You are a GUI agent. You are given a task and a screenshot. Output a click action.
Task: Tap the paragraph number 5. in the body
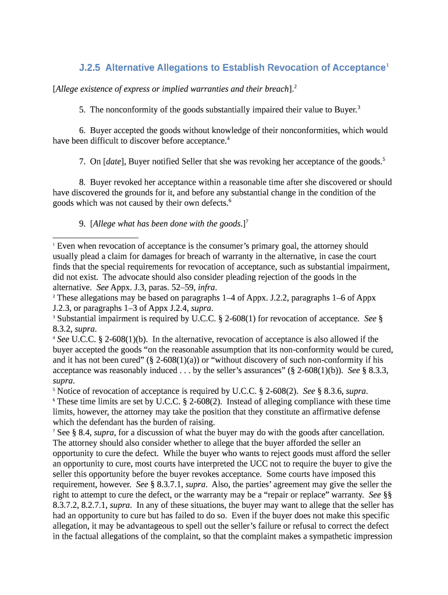click(x=83, y=109)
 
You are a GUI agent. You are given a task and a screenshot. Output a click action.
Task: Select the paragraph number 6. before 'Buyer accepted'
click(x=83, y=131)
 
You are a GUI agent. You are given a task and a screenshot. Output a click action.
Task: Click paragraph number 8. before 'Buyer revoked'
click(x=83, y=182)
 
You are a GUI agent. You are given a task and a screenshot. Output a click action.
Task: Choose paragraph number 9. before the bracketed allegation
click(x=83, y=224)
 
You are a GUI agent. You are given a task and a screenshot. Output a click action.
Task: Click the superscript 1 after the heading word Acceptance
click(x=387, y=65)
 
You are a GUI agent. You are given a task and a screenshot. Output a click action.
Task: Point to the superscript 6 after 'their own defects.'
click(x=230, y=200)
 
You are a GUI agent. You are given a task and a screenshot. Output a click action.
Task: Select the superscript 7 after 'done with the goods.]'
click(x=247, y=221)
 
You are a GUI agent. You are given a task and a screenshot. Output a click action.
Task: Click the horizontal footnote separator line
click(x=95, y=238)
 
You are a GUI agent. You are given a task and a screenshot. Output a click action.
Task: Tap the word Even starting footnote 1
click(x=67, y=246)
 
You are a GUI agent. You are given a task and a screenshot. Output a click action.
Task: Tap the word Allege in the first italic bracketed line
click(x=68, y=89)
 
